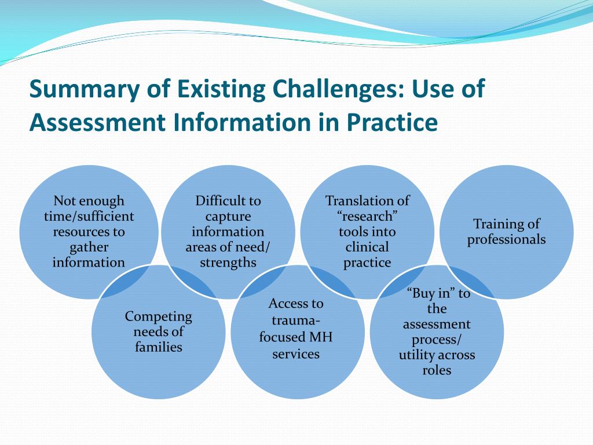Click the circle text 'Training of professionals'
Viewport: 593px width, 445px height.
coord(507,232)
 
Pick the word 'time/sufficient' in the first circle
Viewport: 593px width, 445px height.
coord(89,217)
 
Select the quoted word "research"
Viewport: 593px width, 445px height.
coord(367,217)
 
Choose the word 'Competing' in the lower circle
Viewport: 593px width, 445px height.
coord(159,316)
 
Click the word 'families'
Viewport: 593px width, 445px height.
coord(159,347)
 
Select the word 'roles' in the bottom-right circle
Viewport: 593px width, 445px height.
coord(437,370)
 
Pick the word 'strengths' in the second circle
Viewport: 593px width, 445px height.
coord(228,262)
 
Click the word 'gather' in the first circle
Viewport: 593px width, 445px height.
coord(89,247)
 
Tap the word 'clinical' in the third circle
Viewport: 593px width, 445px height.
coord(367,247)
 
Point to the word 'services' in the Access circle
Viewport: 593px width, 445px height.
coord(296,353)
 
